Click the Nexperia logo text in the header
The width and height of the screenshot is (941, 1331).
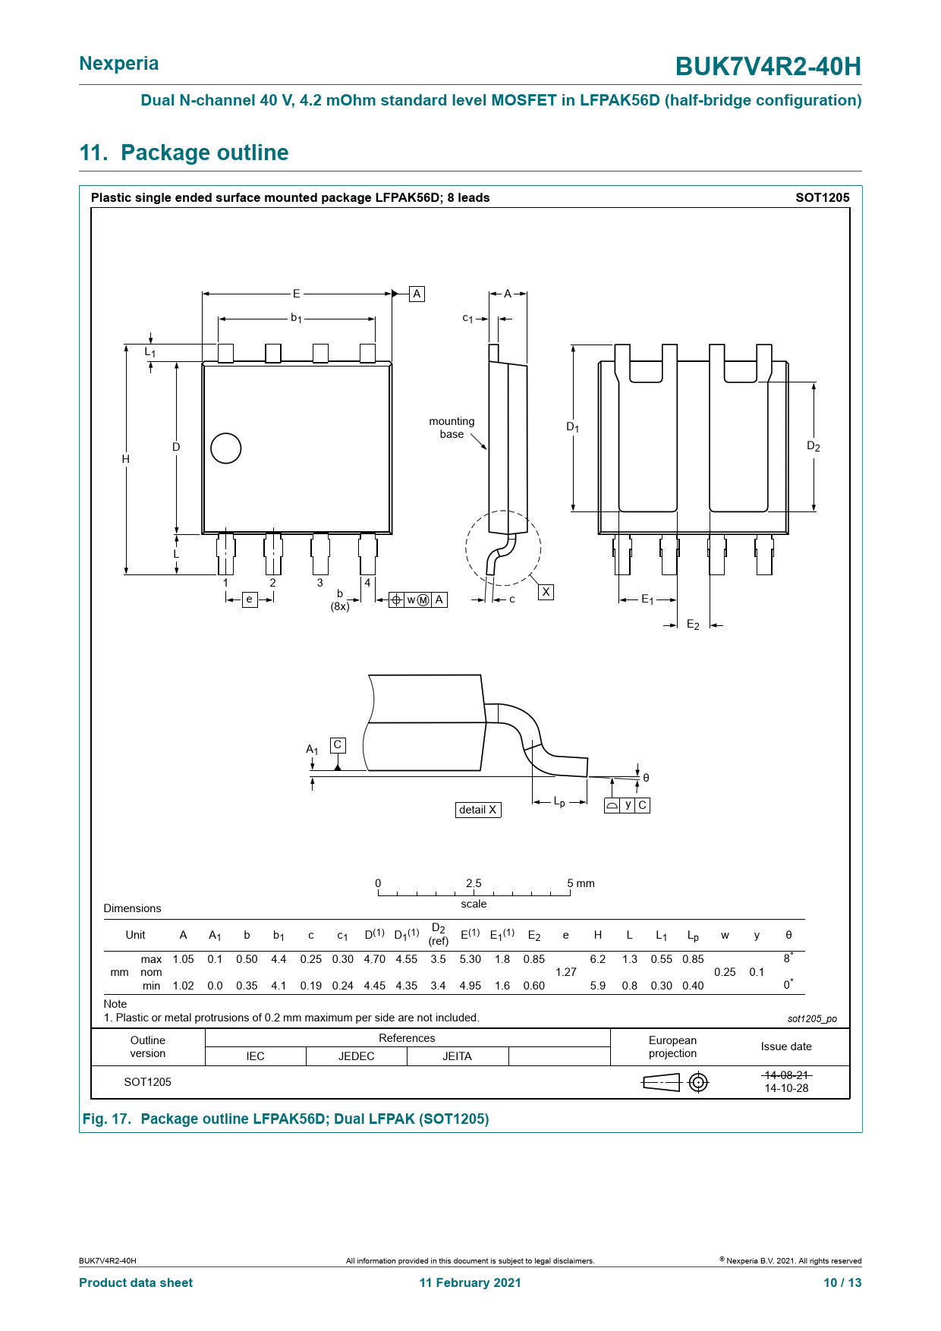click(119, 64)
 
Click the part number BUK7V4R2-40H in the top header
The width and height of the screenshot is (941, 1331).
click(768, 67)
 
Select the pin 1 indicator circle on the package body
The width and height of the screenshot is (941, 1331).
click(225, 448)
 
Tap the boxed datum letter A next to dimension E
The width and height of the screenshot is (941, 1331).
click(417, 294)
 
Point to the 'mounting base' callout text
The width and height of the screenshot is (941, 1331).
click(452, 428)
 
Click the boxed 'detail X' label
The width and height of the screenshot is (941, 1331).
click(478, 810)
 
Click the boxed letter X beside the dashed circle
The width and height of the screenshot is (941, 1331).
click(546, 592)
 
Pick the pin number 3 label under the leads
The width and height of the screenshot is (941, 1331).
click(320, 583)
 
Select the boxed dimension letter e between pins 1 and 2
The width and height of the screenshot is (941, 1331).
click(249, 599)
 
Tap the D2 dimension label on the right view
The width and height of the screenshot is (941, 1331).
click(813, 446)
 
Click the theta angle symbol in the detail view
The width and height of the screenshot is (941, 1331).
click(646, 778)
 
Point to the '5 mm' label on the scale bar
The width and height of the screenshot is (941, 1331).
click(581, 883)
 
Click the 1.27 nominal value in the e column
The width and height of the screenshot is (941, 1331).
click(566, 972)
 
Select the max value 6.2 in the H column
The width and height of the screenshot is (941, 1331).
click(598, 959)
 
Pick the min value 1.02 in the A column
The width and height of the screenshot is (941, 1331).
click(184, 986)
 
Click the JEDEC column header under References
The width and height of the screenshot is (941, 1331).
click(357, 1056)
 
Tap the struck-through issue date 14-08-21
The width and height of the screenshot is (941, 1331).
click(787, 1075)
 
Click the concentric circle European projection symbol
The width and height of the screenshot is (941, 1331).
click(698, 1082)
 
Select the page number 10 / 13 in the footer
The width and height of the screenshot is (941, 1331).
click(842, 1282)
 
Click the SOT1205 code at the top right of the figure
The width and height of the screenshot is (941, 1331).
click(823, 197)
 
